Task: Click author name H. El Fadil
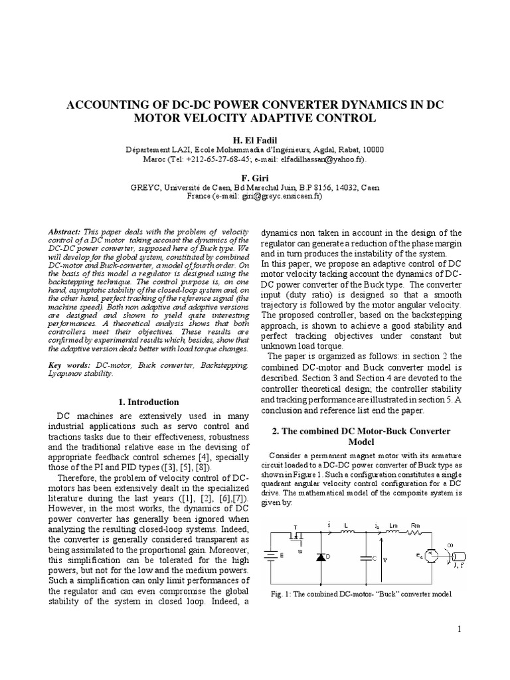pyautogui.click(x=255, y=139)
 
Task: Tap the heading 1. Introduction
pyautogui.click(x=148, y=402)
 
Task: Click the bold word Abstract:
pyautogui.click(x=64, y=230)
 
